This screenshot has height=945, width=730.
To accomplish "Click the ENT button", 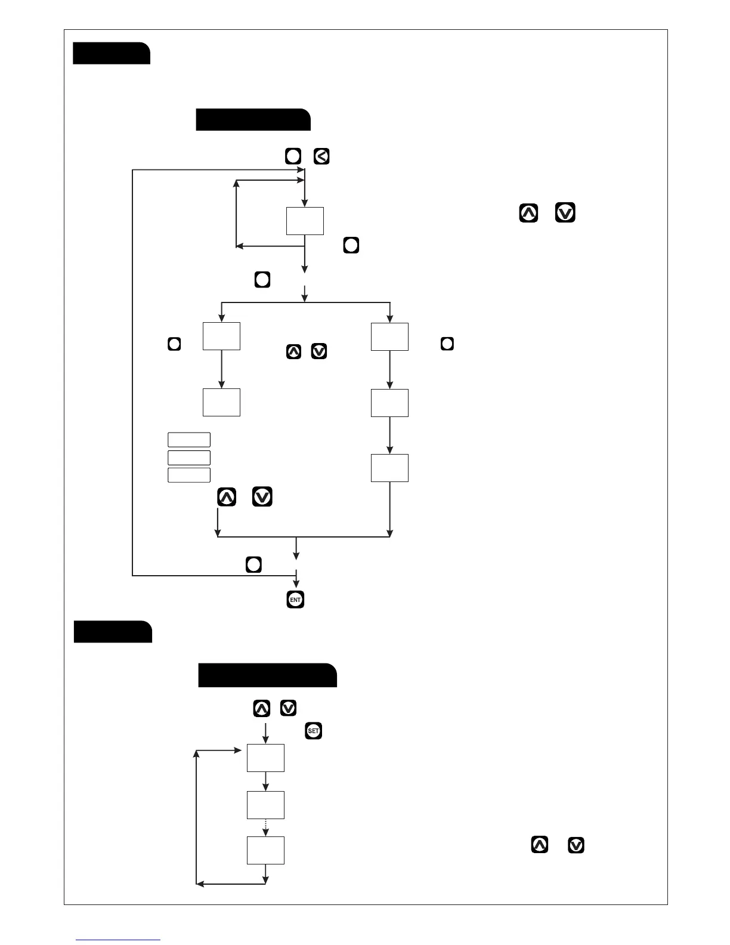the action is click(295, 600).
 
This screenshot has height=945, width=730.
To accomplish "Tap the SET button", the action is click(314, 730).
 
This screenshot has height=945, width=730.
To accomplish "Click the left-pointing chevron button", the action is click(321, 157).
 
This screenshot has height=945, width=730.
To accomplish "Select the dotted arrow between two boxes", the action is click(265, 827).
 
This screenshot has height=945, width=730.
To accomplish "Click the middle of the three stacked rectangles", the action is click(189, 458).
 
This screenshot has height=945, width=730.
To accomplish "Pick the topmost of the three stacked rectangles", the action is click(189, 440).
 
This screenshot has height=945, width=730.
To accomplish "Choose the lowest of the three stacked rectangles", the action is click(189, 475).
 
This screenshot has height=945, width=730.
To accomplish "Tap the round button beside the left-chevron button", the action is click(293, 157).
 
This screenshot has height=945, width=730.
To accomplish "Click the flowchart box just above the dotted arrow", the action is click(265, 805).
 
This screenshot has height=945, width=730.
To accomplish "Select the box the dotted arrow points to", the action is click(265, 850).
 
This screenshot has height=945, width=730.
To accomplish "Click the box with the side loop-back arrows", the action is click(305, 221).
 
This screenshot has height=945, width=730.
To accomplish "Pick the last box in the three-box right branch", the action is click(389, 468).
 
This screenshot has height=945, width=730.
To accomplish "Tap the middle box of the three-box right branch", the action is click(389, 403).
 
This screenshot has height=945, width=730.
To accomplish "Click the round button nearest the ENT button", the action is click(254, 565).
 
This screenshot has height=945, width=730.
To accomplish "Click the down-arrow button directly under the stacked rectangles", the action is click(262, 497).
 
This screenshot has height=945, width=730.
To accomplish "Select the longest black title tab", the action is click(267, 675).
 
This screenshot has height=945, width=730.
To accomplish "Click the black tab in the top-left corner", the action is click(111, 53).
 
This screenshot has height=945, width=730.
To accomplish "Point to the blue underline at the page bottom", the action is click(118, 940).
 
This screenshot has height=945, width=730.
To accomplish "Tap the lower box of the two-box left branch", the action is click(221, 402).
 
